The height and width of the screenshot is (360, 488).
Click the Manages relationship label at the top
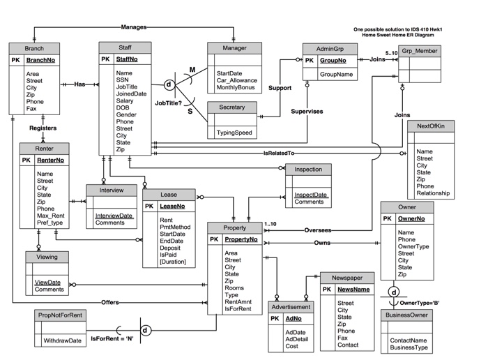pyautogui.click(x=133, y=27)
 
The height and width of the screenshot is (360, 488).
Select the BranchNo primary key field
pyautogui.click(x=41, y=61)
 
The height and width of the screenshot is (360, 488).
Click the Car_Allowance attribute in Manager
pyautogui.click(x=236, y=80)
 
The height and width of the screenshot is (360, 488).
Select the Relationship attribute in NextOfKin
pyautogui.click(x=432, y=193)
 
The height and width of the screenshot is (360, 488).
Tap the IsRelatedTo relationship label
pyautogui.click(x=279, y=153)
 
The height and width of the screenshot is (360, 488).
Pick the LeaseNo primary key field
pyautogui.click(x=172, y=206)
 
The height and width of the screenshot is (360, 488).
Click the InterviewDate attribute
pyautogui.click(x=114, y=216)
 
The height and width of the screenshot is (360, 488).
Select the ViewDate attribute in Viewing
pyautogui.click(x=47, y=282)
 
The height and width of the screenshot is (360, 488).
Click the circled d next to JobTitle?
pyautogui.click(x=168, y=85)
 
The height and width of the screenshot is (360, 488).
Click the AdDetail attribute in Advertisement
pyautogui.click(x=297, y=338)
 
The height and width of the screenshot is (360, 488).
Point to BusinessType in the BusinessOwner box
pyautogui.click(x=409, y=347)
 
